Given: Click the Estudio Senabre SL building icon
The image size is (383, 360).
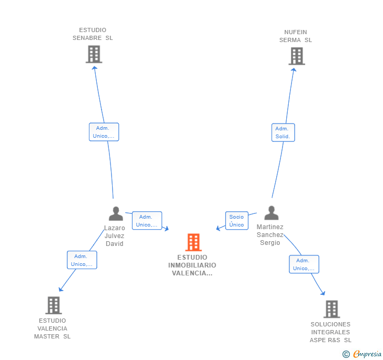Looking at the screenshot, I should pos(94,54).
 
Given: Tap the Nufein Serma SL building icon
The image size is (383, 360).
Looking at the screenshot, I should pos(297,56).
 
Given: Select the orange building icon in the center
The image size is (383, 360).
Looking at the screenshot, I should pos(193,242).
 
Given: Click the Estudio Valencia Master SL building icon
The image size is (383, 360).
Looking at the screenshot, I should pos(53,305).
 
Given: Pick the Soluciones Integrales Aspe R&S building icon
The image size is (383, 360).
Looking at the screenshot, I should pos(331,309).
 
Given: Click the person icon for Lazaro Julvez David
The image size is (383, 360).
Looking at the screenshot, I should pos(115,214).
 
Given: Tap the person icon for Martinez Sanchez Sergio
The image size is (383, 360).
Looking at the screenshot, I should pos(271,213).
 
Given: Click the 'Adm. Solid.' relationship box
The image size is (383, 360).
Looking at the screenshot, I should pos(283,132).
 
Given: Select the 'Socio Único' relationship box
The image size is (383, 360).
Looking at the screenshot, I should pos(237,221).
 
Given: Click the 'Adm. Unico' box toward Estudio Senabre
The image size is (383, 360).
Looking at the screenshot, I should pos(104,132).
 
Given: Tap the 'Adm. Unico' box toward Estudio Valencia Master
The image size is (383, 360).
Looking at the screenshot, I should pos(82,260).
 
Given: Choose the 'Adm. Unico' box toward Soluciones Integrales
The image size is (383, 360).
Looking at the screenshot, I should pos(304,264).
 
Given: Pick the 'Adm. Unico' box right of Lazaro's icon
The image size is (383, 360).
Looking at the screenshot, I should pos(147,221).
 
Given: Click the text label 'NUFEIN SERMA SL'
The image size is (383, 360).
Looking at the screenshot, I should pos(296,36).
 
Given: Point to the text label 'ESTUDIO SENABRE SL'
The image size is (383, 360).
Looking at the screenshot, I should pos(93,34).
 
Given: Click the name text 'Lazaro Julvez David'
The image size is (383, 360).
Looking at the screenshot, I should pos(115,236).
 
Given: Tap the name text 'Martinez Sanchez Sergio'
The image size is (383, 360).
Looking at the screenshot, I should pos(270,235).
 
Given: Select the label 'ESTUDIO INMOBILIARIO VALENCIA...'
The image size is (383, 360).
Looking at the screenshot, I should pos(193,265).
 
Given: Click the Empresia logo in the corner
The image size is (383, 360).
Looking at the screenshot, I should pos(363,354).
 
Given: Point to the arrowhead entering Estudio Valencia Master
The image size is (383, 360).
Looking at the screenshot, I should pos(61,289).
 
